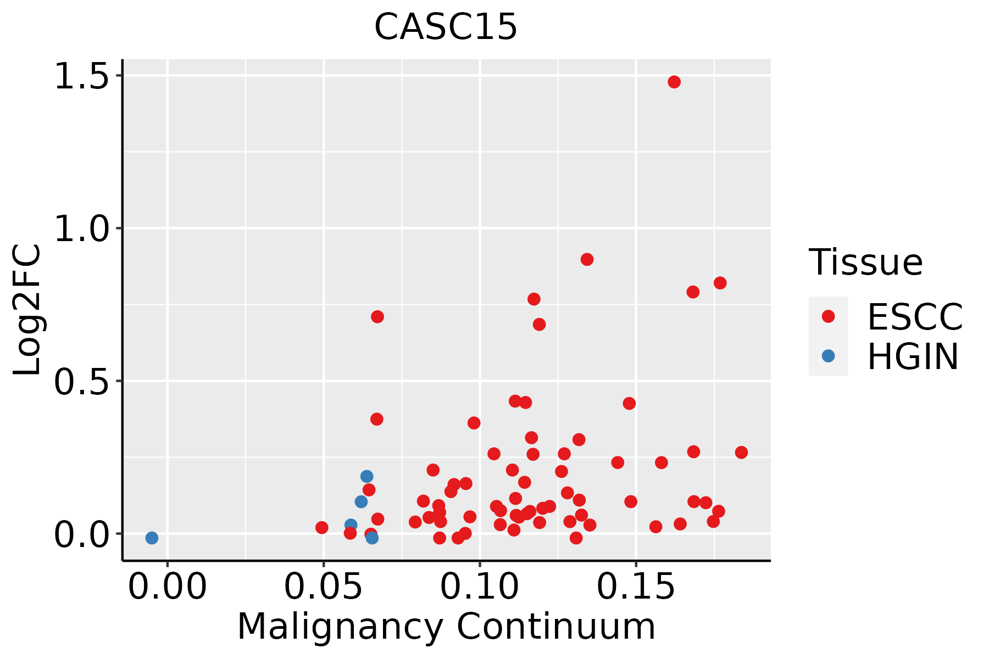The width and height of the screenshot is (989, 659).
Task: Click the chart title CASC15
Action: (446, 27)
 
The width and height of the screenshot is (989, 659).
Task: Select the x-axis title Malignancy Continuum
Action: (446, 627)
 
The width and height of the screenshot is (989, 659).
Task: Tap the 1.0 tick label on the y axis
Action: (82, 228)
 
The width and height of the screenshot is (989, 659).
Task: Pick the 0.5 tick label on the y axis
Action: (82, 381)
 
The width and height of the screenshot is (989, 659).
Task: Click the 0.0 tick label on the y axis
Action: (82, 534)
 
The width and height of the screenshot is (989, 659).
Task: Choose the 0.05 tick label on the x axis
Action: (324, 587)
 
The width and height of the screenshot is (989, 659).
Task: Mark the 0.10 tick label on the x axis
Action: (480, 587)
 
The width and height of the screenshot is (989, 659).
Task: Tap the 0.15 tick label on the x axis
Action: (636, 587)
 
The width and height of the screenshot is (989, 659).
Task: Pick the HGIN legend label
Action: (913, 356)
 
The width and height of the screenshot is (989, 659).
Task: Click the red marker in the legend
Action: (828, 316)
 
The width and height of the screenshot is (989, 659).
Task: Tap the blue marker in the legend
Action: (828, 356)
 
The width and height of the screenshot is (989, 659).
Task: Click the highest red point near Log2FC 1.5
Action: (674, 82)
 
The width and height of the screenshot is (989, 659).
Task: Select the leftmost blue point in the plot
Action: (152, 538)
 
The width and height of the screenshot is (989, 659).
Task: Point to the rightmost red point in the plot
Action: (741, 453)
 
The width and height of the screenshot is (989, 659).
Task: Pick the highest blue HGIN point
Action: (366, 476)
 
